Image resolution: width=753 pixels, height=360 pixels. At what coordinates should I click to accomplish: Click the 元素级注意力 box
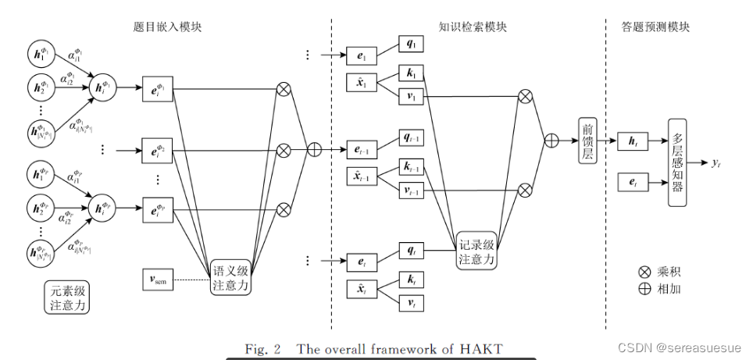coord(66,297)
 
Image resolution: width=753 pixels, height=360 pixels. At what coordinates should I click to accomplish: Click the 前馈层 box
coord(587,141)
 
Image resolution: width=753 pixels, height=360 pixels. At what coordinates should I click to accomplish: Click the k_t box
coord(411,278)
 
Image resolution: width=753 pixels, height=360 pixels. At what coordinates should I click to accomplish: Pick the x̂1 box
coord(361,81)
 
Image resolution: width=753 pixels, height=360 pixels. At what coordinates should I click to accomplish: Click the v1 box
coord(411,98)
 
